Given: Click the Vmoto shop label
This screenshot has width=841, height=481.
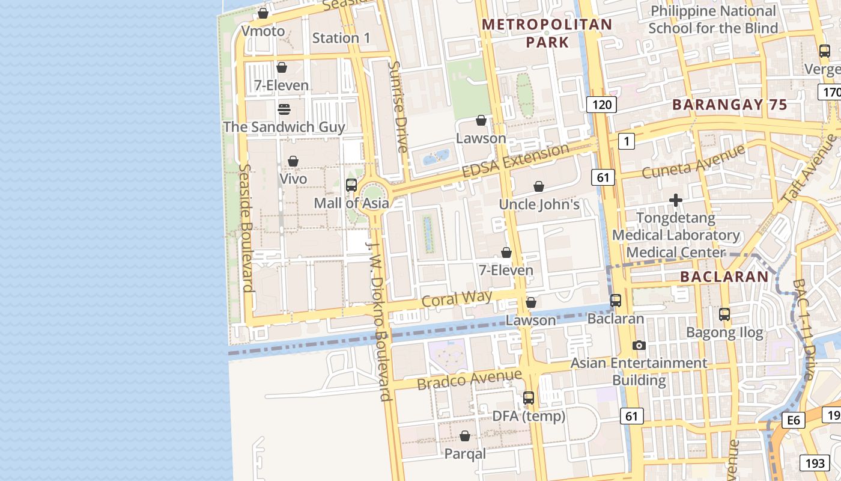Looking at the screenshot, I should pos(263,31).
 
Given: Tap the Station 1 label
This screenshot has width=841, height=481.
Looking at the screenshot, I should pos(341,38).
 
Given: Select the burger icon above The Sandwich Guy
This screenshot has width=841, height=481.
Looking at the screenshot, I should pos(284,109).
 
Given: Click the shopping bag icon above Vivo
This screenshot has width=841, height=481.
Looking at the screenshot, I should pos(293,161).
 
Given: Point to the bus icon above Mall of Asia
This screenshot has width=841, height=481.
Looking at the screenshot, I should pos(351,185).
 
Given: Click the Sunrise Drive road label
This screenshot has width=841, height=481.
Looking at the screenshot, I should pos(398,106).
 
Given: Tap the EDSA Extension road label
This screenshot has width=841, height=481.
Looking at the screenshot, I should pos(515,161).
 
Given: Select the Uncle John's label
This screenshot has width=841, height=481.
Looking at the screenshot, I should pos(539,204).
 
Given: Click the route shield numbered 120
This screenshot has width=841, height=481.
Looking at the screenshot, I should pos(601,105).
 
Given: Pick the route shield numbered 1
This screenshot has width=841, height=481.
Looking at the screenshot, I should pos(626,141).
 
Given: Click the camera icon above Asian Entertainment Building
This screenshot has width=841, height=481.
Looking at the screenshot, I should pos(639,345).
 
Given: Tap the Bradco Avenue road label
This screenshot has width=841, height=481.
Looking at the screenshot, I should pos(469,379).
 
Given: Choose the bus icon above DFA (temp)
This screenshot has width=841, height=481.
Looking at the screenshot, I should pos(529,397).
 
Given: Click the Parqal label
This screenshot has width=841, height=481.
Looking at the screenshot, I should pos(465,454).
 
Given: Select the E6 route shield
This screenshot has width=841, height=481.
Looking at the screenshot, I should pos(794,420).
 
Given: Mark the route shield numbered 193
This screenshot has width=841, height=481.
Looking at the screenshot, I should pos(815,462).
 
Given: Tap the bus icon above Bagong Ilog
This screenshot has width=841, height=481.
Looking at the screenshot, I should pos(724,314).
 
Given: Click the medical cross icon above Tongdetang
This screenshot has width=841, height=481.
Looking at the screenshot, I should pos(676,200).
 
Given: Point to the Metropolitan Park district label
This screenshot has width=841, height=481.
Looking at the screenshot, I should pos(547,33).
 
